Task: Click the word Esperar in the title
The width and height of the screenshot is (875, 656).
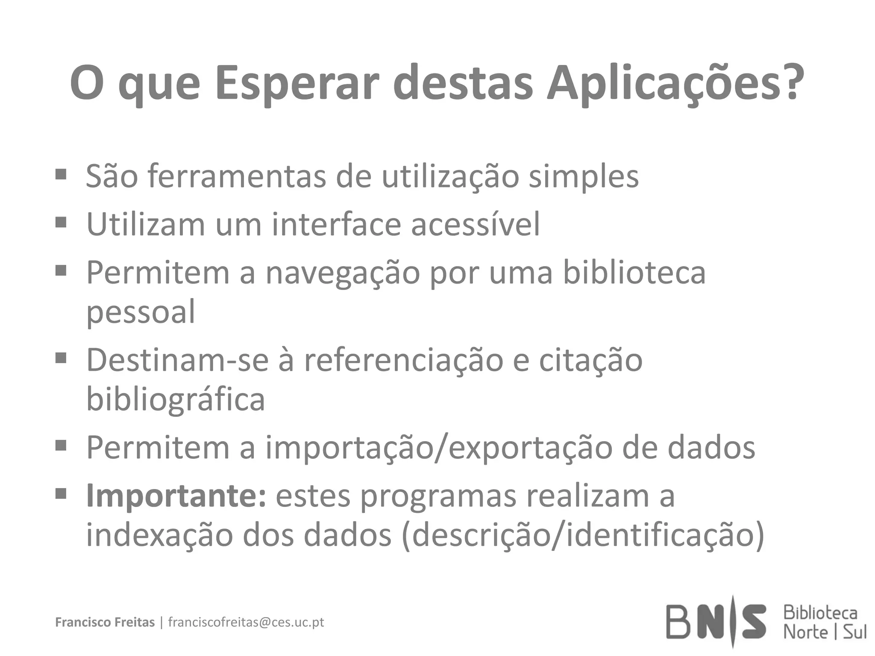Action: click(296, 83)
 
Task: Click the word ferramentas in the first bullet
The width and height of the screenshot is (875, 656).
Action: click(237, 176)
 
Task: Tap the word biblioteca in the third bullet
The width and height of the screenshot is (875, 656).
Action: click(634, 272)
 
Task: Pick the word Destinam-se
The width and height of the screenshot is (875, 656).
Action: click(177, 360)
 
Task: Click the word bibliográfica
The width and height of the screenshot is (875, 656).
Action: click(176, 400)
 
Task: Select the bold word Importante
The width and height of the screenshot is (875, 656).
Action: click(176, 496)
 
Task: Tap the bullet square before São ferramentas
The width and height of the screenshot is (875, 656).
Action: click(61, 174)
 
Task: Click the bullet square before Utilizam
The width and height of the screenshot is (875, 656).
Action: click(61, 222)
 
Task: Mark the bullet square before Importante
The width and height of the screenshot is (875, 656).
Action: click(61, 494)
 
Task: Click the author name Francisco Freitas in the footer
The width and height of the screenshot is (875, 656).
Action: click(105, 622)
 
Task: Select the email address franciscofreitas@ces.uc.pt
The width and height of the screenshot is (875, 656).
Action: click(246, 622)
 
